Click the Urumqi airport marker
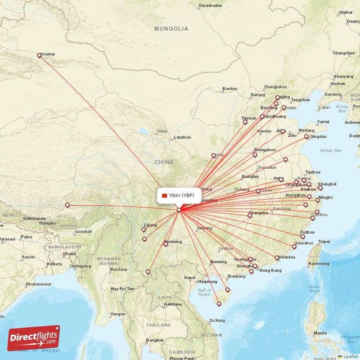tap(39, 56)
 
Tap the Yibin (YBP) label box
tap(179, 195)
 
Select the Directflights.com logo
tap(33, 338)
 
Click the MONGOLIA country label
tap(171, 29)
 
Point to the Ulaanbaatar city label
tap(210, 5)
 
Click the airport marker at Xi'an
tap(214, 156)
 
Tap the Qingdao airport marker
tap(306, 136)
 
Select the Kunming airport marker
tap(166, 244)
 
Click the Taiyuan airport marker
tap(245, 122)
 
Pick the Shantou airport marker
tap(277, 258)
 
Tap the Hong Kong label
tap(270, 270)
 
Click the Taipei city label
tap(324, 242)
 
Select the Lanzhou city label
tap(182, 137)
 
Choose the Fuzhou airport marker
tap(303, 237)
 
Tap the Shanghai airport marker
tap(320, 189)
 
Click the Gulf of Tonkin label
tap(204, 292)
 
